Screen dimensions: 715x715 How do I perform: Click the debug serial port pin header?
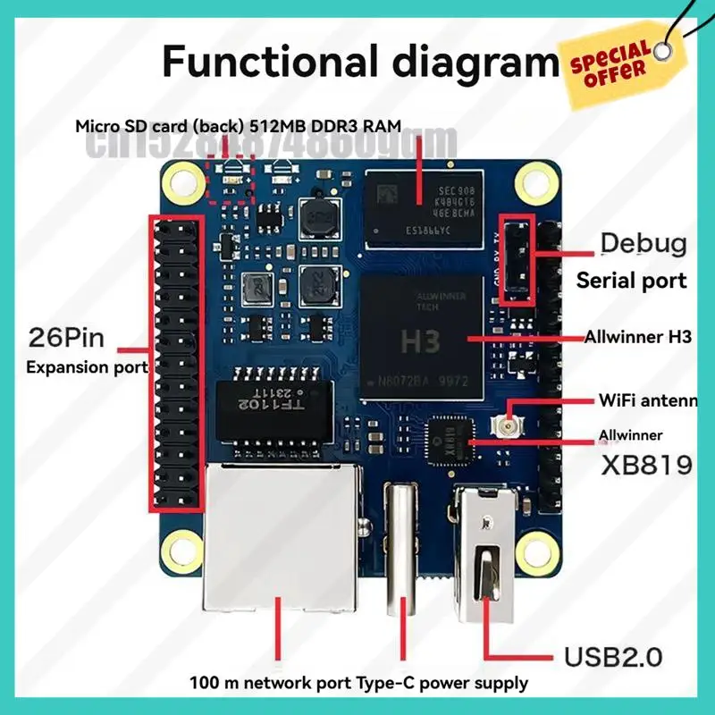point(515,258)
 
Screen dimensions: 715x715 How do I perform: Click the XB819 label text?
point(646,465)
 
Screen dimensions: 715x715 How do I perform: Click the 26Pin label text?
point(67,339)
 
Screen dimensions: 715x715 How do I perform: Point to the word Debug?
point(643,242)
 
